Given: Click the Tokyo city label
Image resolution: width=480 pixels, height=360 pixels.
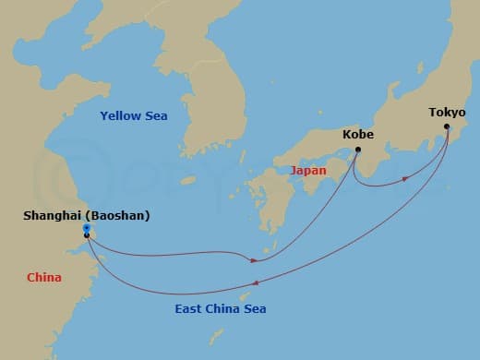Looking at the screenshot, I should point(447,113).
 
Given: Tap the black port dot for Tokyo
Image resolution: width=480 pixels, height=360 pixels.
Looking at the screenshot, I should point(448,126).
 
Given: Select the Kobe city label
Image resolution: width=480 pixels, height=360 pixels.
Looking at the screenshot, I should point(358,134).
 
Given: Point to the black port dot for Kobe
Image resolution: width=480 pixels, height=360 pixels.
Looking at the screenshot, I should point(358,149).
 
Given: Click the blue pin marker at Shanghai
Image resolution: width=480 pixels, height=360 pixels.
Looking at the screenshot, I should point(86,227).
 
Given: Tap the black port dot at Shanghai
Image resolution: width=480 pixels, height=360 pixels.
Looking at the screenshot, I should point(87,235).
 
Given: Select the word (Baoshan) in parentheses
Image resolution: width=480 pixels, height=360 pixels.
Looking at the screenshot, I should point(117,216).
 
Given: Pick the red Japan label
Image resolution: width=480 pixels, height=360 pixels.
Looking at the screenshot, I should point(308,171).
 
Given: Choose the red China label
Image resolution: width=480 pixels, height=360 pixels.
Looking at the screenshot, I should point(44,276).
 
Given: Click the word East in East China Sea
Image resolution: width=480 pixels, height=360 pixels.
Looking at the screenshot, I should point(189,308).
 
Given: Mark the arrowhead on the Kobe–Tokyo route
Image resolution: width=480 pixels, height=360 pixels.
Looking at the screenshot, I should point(405,177).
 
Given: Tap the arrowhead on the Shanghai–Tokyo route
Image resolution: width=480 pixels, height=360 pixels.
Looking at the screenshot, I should point(255,282).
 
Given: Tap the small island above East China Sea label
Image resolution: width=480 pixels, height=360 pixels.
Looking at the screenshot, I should point(246,296).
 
